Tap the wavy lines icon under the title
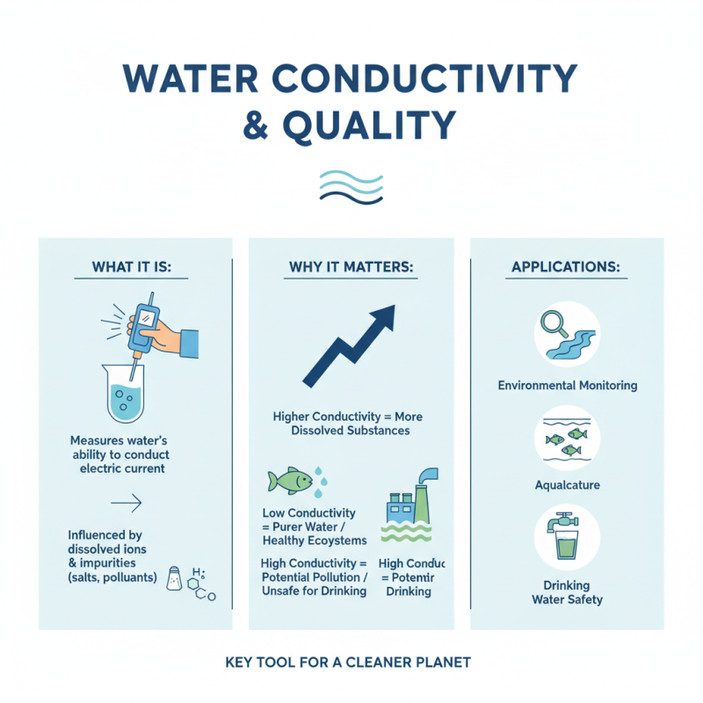click(351, 186)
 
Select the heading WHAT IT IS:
click(133, 266)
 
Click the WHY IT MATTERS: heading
click(351, 266)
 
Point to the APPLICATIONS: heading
click(566, 266)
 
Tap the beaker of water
click(122, 395)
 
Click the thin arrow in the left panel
click(127, 504)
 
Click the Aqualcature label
click(566, 485)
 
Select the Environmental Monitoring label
click(567, 386)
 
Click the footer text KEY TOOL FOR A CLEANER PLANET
click(351, 661)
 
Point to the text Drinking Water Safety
click(567, 592)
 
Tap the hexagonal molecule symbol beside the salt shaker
click(203, 586)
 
